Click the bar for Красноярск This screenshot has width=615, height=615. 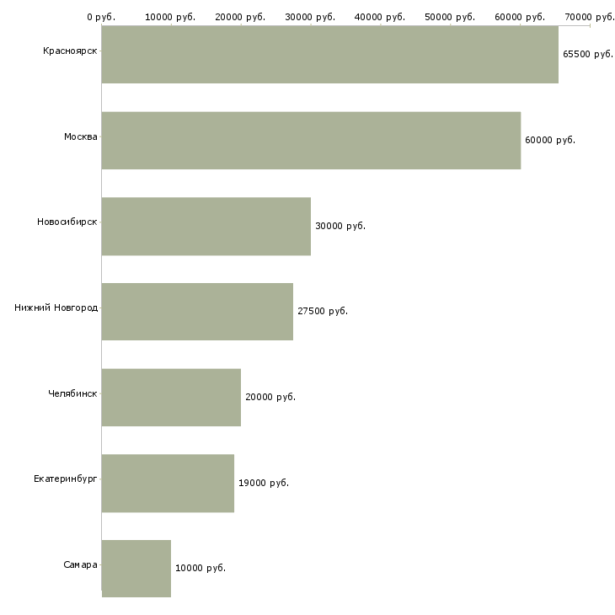pyautogui.click(x=329, y=55)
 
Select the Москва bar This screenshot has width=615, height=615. pyautogui.click(x=311, y=141)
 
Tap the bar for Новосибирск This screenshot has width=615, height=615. pyautogui.click(x=206, y=226)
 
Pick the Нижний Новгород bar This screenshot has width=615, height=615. pyautogui.click(x=197, y=312)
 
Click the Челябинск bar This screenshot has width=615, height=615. pyautogui.click(x=171, y=397)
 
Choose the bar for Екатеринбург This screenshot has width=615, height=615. pyautogui.click(x=168, y=483)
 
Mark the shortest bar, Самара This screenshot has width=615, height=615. pyautogui.click(x=136, y=569)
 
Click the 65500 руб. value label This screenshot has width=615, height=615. pyautogui.click(x=587, y=54)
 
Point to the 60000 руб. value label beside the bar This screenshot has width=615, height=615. pyautogui.click(x=549, y=140)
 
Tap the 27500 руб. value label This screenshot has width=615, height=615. pyautogui.click(x=322, y=311)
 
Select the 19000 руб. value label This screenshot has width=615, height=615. pyautogui.click(x=263, y=483)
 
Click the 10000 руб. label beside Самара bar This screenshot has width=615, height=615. pyautogui.click(x=200, y=568)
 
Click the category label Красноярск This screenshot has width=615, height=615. pyautogui.click(x=69, y=51)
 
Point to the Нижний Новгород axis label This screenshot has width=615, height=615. pyautogui.click(x=56, y=307)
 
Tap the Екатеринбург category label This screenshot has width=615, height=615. pyautogui.click(x=65, y=479)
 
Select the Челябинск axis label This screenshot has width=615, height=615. pyautogui.click(x=72, y=393)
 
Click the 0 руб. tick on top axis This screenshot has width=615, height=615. pyautogui.click(x=101, y=16)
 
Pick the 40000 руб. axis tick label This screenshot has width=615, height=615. pyautogui.click(x=381, y=16)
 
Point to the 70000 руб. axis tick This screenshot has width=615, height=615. pyautogui.click(x=590, y=16)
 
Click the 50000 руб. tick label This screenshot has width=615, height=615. pyautogui.click(x=451, y=16)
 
